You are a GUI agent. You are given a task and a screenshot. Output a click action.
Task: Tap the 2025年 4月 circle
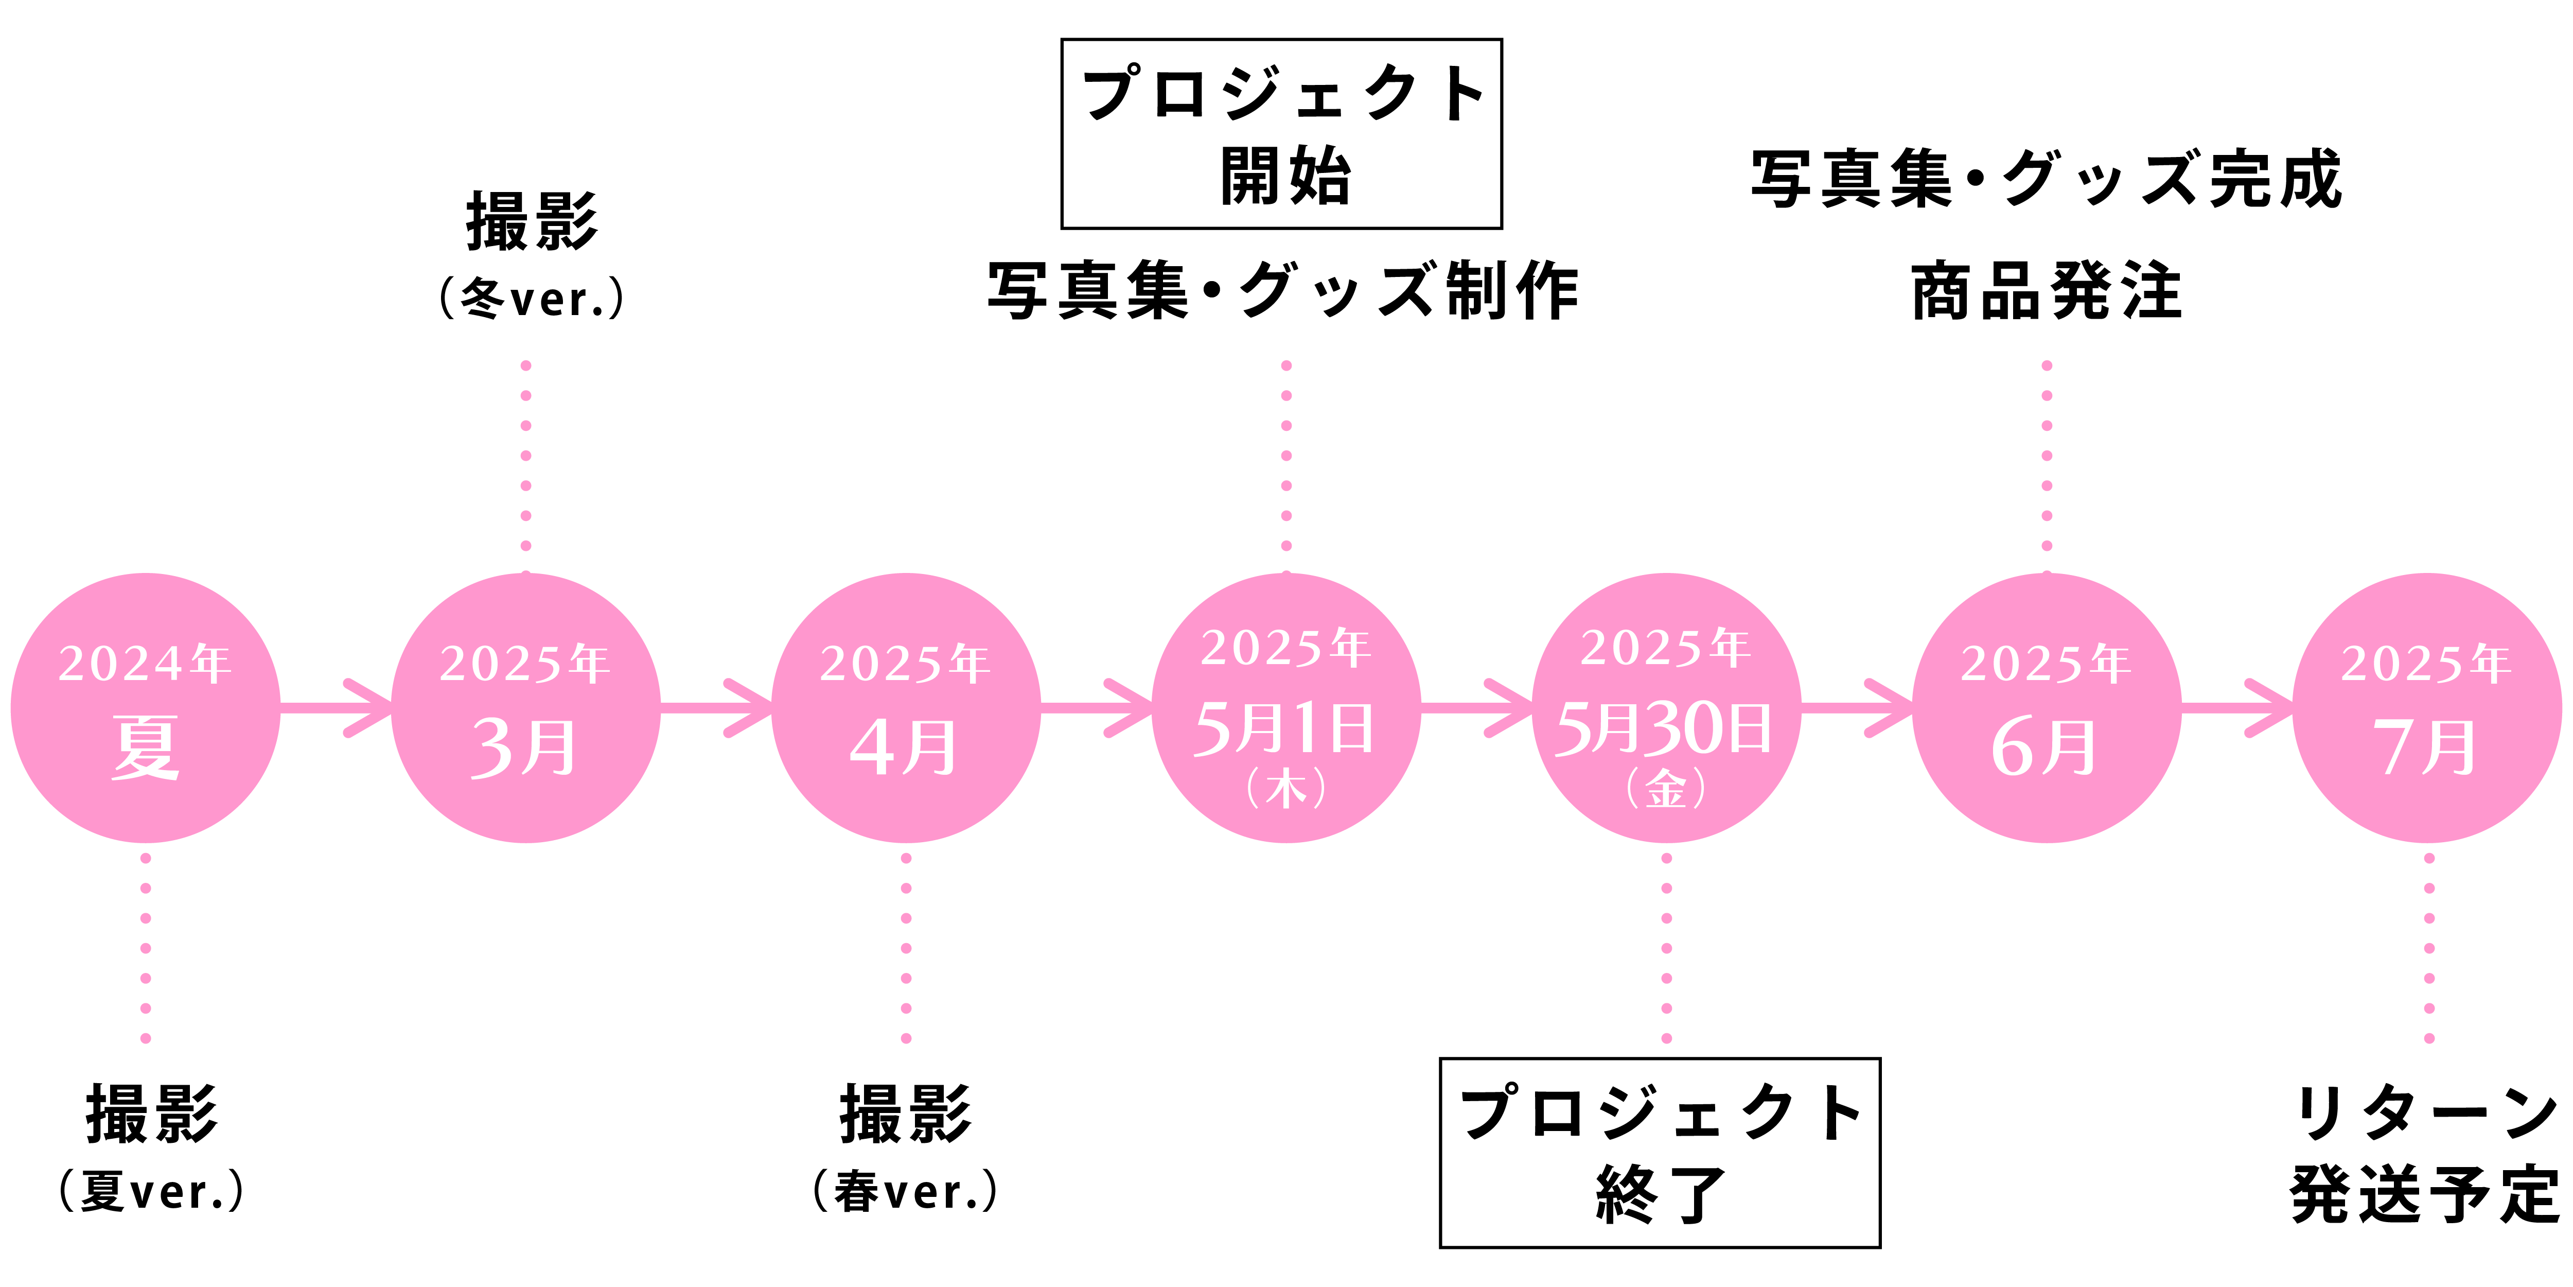click(x=906, y=707)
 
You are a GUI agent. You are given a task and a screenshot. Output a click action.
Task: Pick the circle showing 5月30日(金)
click(x=1666, y=707)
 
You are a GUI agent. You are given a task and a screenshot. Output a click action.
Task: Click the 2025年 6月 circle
click(x=2047, y=707)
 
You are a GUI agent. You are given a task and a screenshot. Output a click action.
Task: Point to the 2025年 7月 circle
click(x=2427, y=707)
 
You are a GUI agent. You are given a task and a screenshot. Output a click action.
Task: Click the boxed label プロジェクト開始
click(x=1281, y=134)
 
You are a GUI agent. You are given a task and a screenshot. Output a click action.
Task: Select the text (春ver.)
click(x=905, y=1191)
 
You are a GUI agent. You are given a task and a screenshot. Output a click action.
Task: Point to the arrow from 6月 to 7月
click(x=2237, y=707)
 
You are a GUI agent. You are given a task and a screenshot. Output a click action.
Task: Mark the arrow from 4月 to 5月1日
click(x=1097, y=707)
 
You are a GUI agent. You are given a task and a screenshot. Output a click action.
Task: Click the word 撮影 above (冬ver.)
click(x=532, y=222)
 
